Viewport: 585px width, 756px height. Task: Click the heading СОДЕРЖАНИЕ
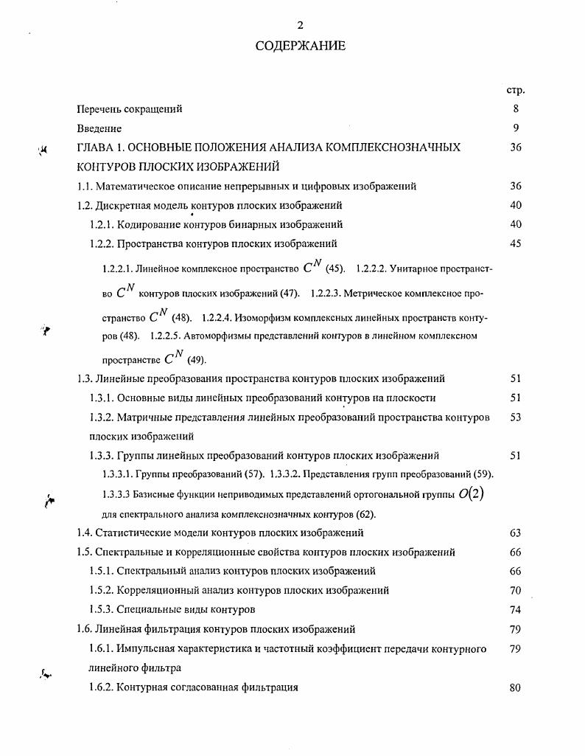point(300,46)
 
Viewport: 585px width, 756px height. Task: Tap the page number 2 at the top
point(300,25)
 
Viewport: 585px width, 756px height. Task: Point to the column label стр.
point(515,90)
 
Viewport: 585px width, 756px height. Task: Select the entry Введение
point(99,128)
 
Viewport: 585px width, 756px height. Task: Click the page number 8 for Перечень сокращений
point(516,109)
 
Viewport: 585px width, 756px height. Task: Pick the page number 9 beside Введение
point(516,128)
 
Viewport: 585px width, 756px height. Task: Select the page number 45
point(515,243)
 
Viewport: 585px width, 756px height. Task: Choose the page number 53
point(515,417)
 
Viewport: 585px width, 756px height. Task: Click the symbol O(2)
point(471,494)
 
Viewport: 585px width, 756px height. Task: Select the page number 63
point(515,533)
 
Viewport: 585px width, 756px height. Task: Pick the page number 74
point(515,609)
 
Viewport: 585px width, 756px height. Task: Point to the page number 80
point(515,687)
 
